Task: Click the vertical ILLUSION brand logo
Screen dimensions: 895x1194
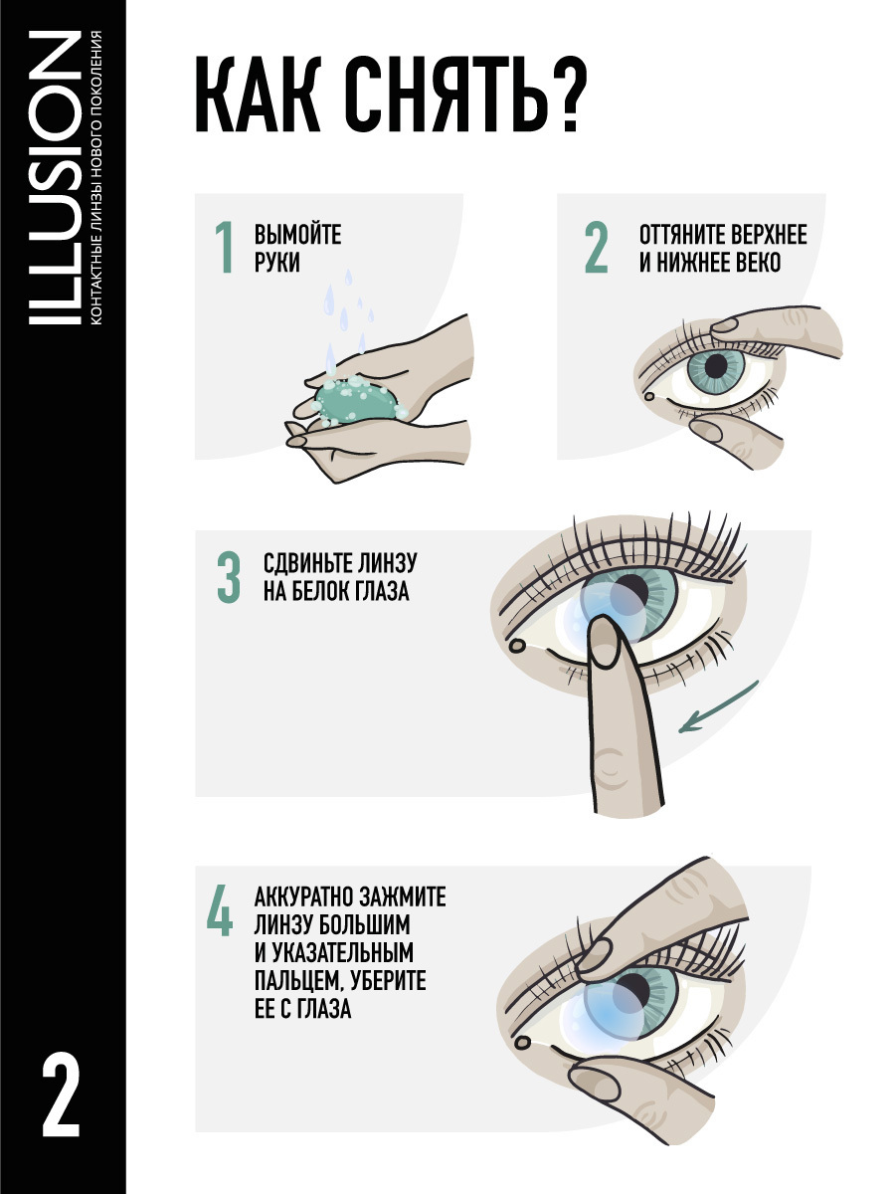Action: [x=55, y=178]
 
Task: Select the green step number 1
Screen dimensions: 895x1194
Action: [x=225, y=247]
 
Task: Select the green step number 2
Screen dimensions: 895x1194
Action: [x=596, y=247]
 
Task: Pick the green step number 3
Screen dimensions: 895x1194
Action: [x=229, y=576]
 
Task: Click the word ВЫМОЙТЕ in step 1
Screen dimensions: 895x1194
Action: [x=297, y=235]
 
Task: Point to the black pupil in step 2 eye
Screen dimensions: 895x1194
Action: [x=716, y=365]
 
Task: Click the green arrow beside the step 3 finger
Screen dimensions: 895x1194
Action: [x=718, y=706]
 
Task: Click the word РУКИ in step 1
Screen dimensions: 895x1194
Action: [x=277, y=263]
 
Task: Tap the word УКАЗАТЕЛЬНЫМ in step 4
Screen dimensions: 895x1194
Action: [x=341, y=952]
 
